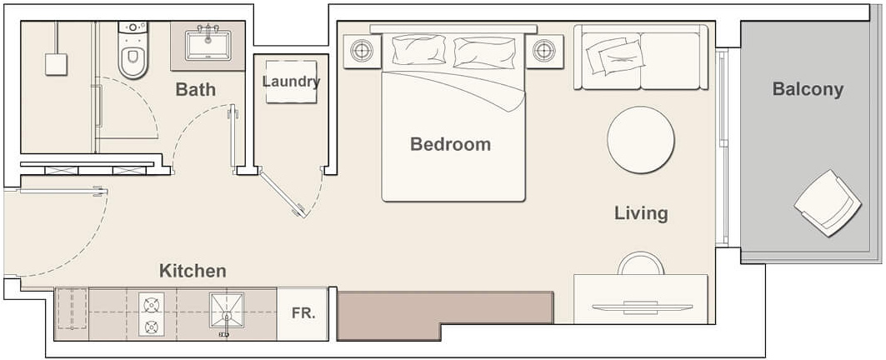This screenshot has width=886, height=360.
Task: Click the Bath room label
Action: click(x=195, y=89)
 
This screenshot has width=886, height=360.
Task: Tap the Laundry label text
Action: click(x=291, y=82)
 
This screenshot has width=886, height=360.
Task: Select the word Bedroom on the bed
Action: click(x=450, y=144)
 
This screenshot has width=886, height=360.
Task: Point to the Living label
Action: click(x=641, y=213)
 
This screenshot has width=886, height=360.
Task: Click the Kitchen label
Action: click(x=193, y=271)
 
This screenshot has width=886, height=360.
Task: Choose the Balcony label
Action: click(x=807, y=89)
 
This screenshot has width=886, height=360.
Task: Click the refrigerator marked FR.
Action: click(x=302, y=314)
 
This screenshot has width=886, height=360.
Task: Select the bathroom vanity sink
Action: click(x=208, y=45)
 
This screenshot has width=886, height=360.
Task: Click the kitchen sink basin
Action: click(x=227, y=310)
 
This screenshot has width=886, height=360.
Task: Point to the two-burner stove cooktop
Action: click(x=152, y=315)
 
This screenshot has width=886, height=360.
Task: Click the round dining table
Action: click(x=640, y=139)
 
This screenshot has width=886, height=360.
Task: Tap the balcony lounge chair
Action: click(x=828, y=202)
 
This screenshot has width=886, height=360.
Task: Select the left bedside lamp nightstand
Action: click(x=361, y=51)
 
